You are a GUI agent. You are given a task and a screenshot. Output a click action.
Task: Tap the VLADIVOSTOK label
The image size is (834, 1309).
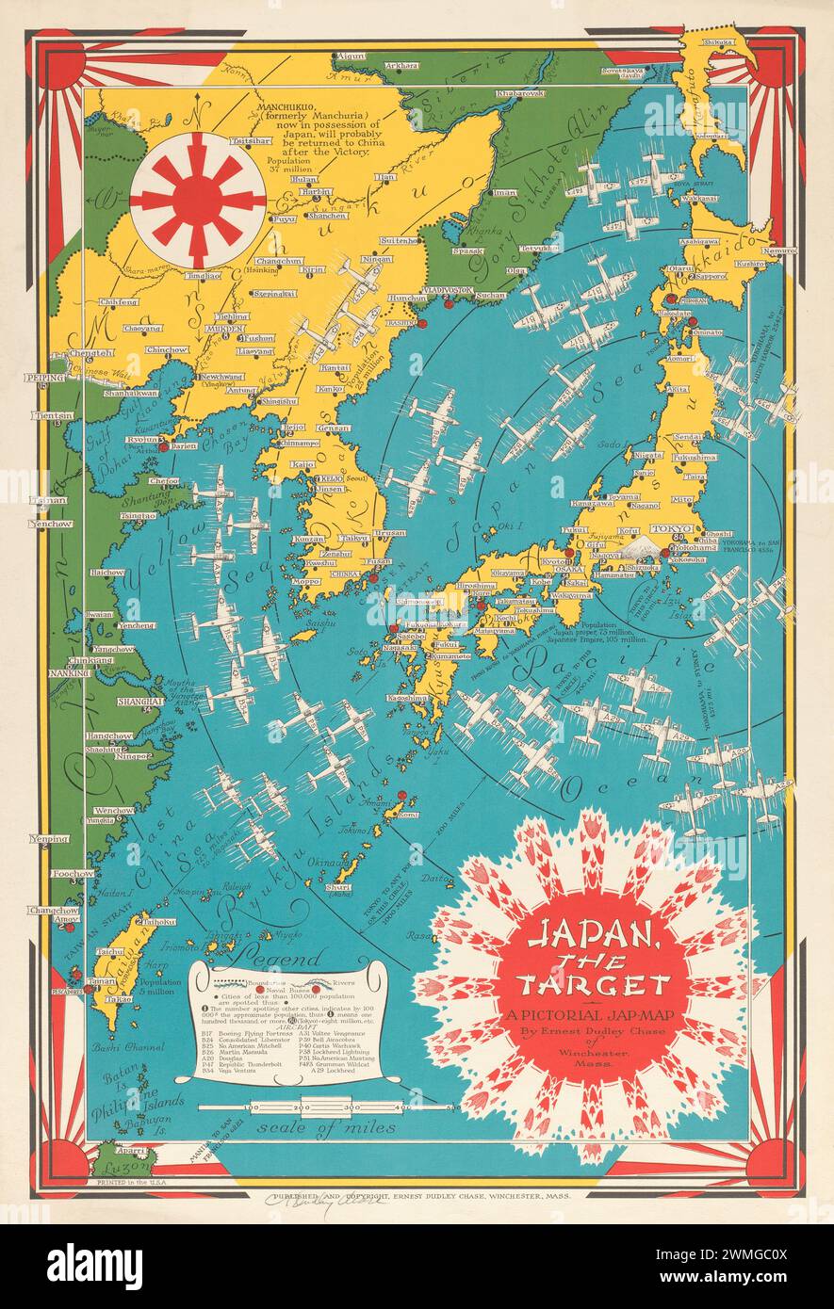[444, 290]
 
